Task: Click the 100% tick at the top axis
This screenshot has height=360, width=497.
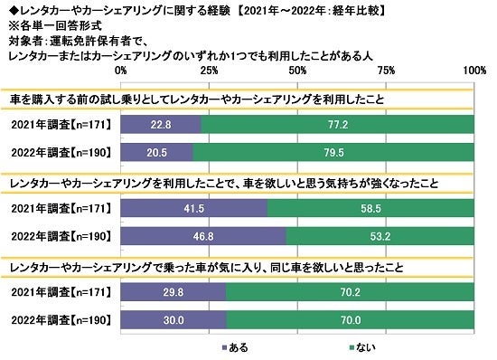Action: coord(474,71)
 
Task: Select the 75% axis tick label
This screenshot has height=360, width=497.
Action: coord(387,71)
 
